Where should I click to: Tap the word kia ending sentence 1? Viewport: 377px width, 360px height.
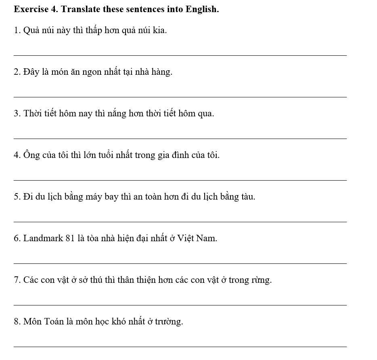tap(159, 30)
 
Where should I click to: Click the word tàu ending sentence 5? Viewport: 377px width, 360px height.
tap(248, 196)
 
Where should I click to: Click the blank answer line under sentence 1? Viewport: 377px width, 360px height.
tap(180, 55)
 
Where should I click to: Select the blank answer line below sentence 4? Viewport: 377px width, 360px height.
tap(180, 180)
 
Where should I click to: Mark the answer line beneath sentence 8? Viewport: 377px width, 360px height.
tap(180, 347)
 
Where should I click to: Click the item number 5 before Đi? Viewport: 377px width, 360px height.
tap(16, 197)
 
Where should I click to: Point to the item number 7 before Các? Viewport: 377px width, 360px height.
tap(16, 280)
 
